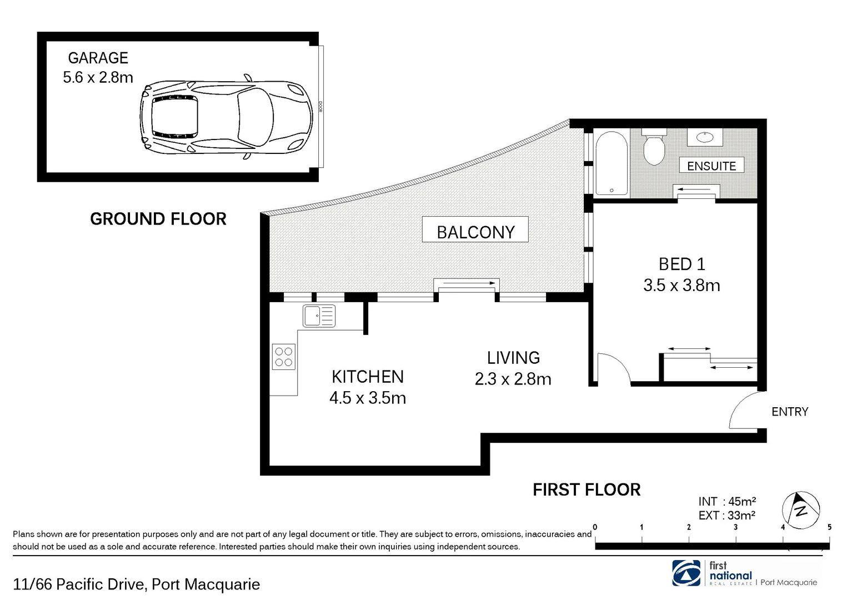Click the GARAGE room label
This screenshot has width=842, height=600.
(98, 58)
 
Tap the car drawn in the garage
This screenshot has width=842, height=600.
(226, 117)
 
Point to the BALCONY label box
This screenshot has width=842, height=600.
(475, 229)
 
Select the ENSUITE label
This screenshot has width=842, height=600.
(711, 166)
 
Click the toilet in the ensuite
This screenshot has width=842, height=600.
(654, 147)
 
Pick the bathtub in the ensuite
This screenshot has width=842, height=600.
(611, 163)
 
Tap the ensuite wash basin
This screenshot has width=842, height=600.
(704, 137)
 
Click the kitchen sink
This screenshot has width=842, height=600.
(319, 316)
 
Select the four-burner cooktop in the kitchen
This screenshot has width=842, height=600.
(283, 357)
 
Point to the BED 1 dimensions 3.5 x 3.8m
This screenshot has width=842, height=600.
(681, 286)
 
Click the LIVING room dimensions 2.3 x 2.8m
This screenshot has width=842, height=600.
(513, 379)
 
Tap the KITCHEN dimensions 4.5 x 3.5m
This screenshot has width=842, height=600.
(368, 398)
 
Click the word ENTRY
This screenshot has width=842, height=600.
(790, 412)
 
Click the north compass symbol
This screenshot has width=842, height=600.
(801, 510)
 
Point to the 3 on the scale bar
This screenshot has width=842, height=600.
(735, 527)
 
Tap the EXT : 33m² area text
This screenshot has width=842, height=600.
(726, 515)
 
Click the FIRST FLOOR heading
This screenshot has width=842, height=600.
(587, 490)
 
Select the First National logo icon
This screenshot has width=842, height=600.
(686, 573)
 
